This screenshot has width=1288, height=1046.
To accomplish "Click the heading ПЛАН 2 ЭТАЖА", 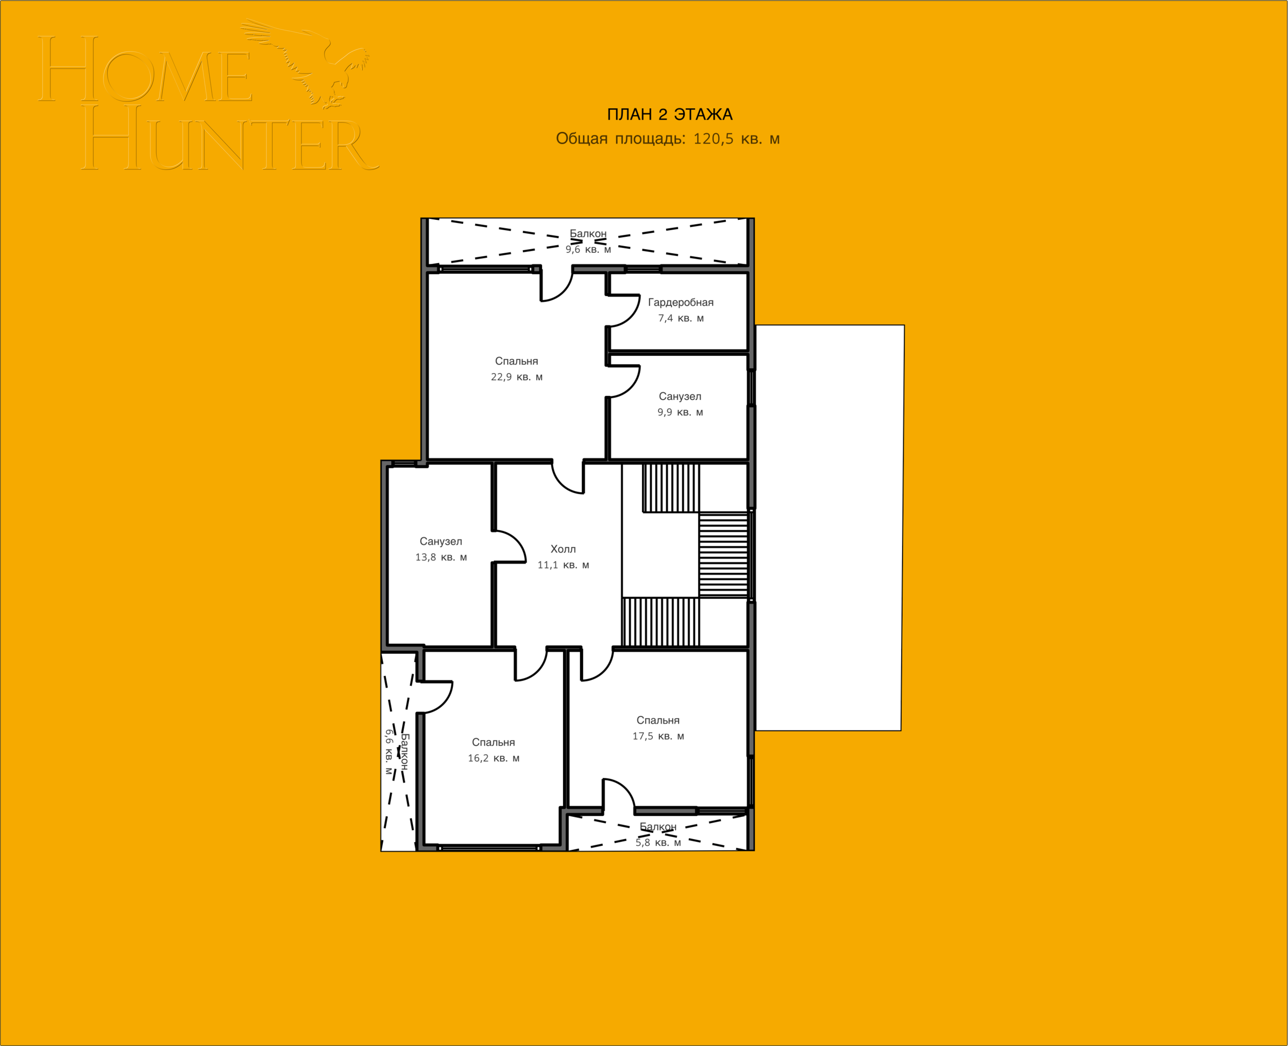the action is (669, 114).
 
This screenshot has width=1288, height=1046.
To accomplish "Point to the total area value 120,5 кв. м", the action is (736, 138).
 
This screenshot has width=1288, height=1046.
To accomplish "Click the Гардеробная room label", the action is (681, 303).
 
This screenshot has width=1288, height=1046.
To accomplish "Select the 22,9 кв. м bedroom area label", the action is (517, 377).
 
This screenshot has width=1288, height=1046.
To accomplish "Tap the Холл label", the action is (563, 549).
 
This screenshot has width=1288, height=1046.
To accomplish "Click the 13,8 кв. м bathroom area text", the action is (441, 557).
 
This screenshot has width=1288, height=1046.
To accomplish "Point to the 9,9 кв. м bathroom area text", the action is (680, 412).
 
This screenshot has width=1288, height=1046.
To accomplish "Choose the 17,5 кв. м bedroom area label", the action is (658, 736).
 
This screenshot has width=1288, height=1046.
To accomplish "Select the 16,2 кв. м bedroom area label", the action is (493, 758).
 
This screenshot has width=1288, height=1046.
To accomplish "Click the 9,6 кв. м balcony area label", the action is (588, 250).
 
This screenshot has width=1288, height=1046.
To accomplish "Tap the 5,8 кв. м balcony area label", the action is (658, 842).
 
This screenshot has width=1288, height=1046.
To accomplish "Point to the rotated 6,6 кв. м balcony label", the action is (389, 752).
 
